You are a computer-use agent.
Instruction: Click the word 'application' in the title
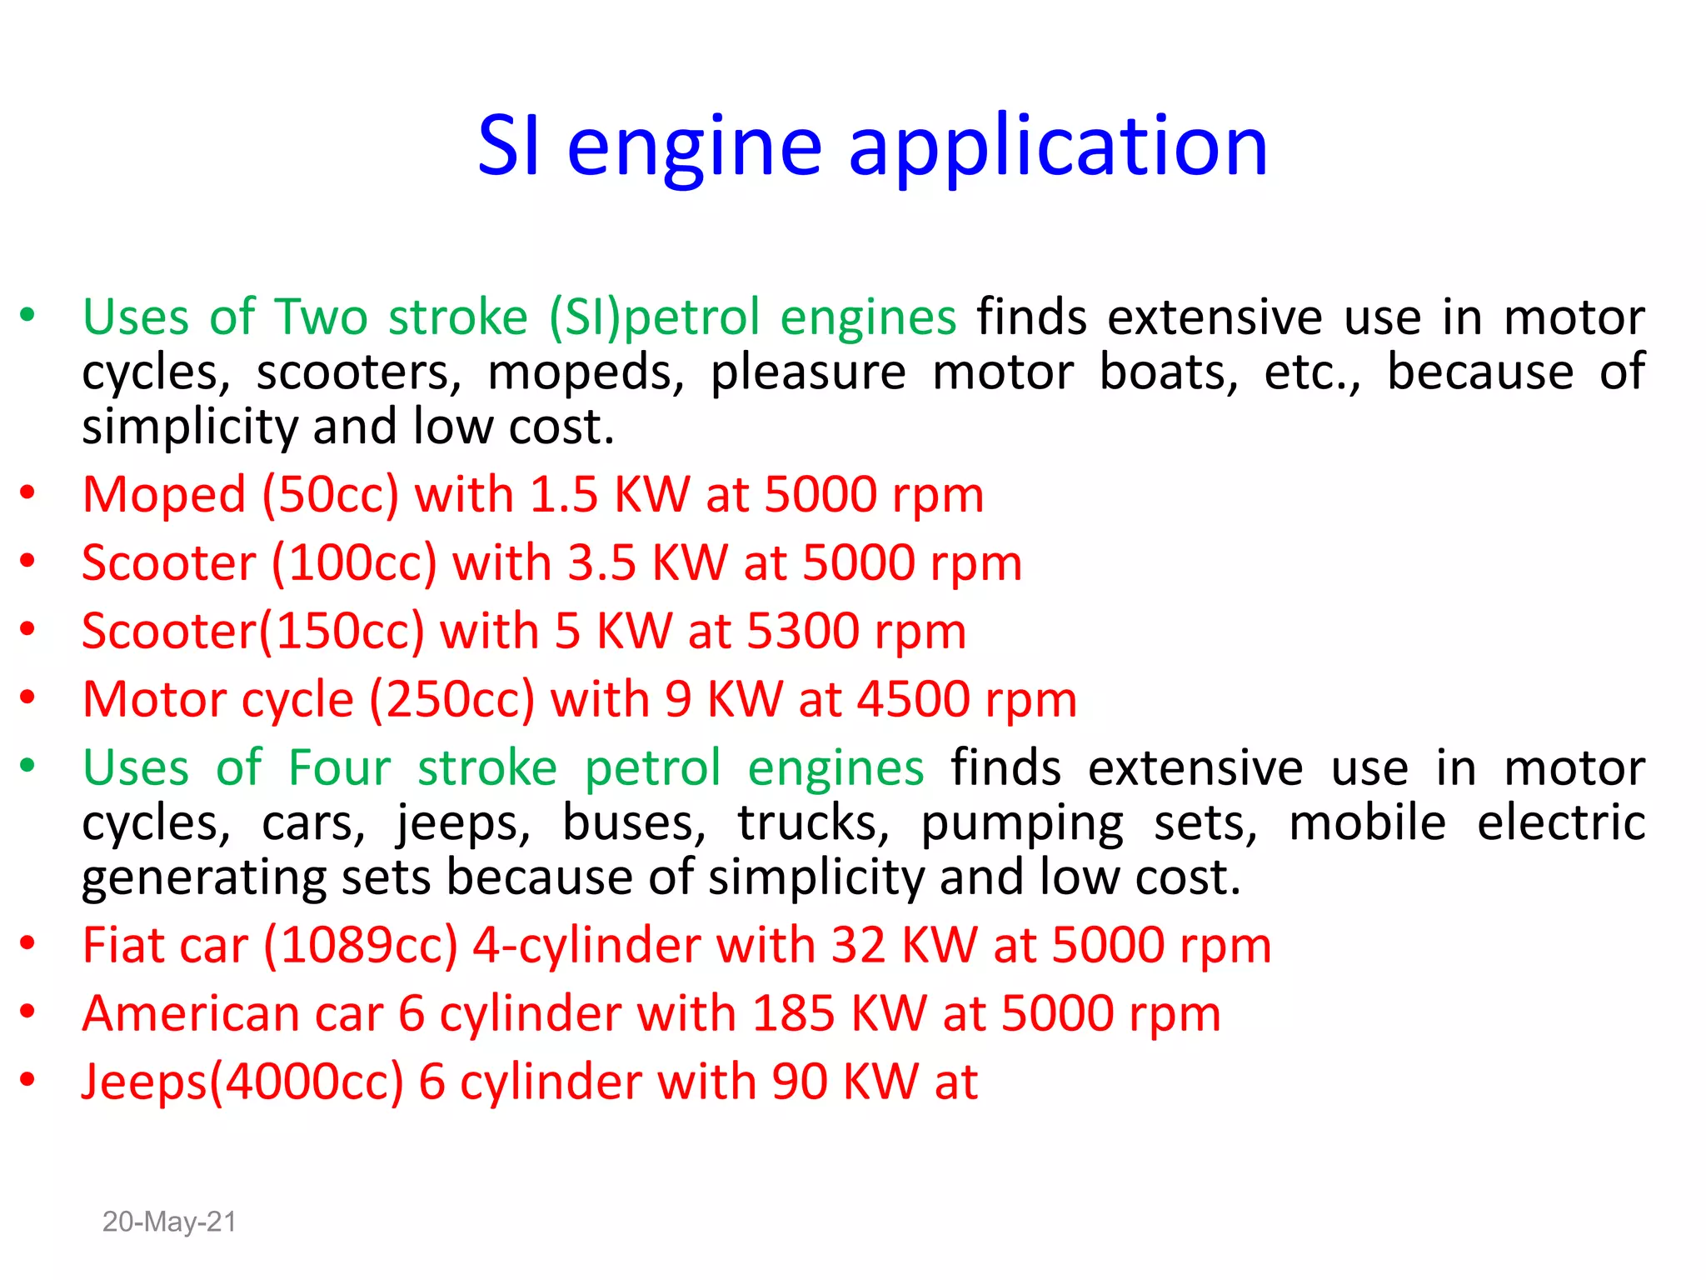1058,148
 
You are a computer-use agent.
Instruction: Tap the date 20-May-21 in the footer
169,1222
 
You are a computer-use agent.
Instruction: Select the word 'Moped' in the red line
164,494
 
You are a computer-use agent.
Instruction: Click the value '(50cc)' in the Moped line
331,495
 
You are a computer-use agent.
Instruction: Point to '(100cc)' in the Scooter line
354,563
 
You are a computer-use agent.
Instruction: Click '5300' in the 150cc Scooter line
803,631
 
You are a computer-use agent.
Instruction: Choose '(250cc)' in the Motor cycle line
451,699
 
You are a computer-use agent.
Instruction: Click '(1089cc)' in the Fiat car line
361,947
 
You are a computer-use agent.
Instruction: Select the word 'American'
191,1014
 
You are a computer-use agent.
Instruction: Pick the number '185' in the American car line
793,1014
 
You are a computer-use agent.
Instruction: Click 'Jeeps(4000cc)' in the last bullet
242,1082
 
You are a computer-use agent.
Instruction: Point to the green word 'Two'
322,317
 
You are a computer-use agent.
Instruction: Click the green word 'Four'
339,767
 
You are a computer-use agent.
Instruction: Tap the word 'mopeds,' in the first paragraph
586,372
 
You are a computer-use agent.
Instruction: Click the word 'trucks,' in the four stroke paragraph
814,823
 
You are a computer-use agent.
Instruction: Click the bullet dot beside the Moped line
27,492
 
